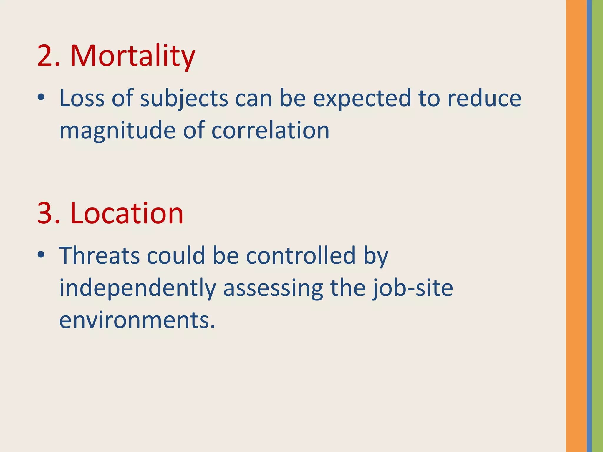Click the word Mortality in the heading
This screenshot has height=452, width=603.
tap(132, 56)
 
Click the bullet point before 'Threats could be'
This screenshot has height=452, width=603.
tap(41, 255)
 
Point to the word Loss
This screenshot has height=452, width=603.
tap(82, 98)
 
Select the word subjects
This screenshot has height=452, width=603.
tap(184, 99)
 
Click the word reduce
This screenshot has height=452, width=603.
tap(484, 98)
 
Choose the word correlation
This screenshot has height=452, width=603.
tap(270, 130)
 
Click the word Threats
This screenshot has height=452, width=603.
tap(99, 255)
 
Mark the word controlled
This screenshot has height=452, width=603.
tap(301, 255)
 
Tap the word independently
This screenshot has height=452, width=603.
tap(138, 288)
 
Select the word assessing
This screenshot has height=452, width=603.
tap(273, 288)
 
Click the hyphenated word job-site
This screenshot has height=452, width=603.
tap(412, 288)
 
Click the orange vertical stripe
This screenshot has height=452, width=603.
tap(576, 226)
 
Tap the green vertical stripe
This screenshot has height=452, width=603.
tap(597, 226)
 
